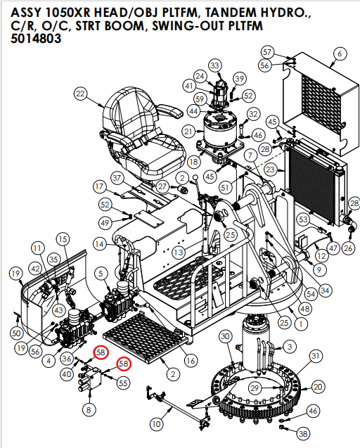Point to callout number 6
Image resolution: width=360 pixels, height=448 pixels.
pos(340,53)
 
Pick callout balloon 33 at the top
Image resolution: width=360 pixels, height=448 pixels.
pos(214,65)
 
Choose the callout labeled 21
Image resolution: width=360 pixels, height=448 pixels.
pos(188,132)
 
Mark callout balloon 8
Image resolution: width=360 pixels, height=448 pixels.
pos(88,409)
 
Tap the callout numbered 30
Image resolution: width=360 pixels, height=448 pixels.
pos(225,338)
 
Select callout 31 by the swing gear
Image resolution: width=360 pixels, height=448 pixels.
pos(316,357)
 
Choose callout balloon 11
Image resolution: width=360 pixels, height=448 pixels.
pos(37,249)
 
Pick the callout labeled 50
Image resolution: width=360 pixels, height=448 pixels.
pos(17,333)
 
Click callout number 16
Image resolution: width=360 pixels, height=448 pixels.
pos(190,361)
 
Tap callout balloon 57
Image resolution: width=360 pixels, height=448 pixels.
pos(267,52)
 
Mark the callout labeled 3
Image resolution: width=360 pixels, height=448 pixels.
pos(290,346)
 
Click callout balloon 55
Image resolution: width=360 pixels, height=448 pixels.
pos(123,383)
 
